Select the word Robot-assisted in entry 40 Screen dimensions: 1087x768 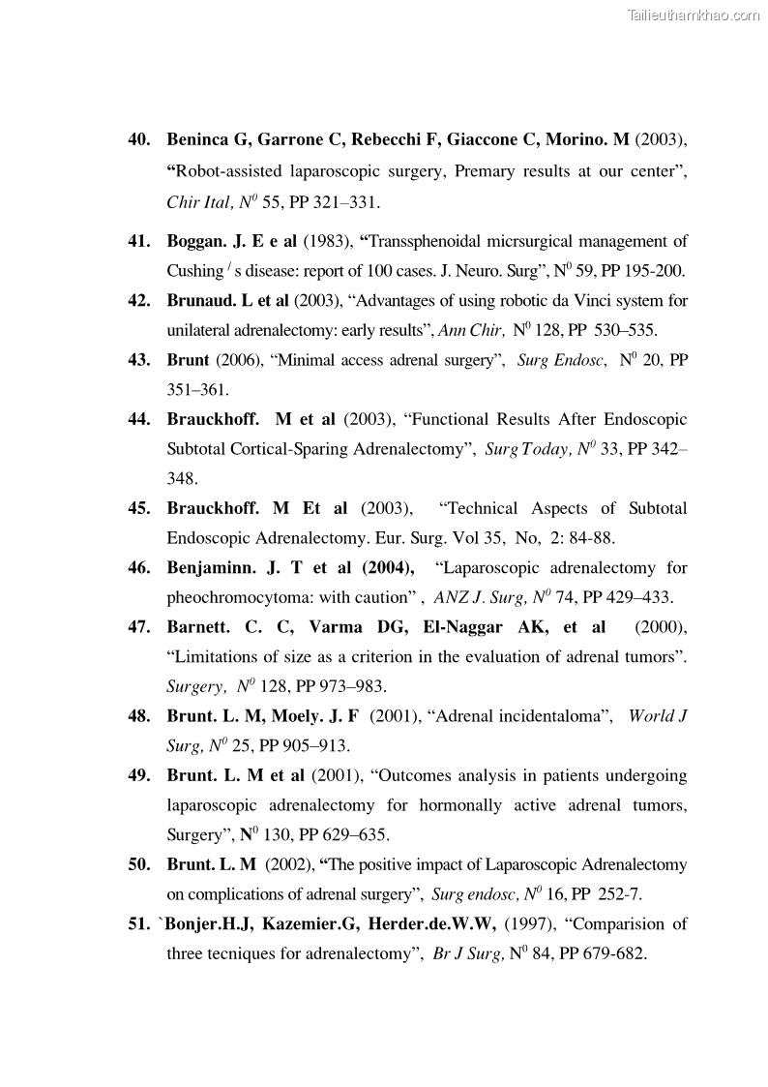click(224, 171)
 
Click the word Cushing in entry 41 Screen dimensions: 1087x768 click(195, 271)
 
